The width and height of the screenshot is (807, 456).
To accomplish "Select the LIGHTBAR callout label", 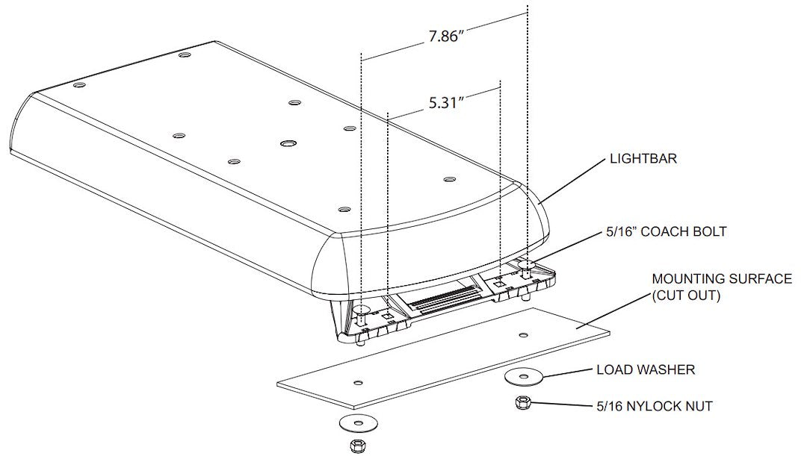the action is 643,158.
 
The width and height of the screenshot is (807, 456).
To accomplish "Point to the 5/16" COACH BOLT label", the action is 666,232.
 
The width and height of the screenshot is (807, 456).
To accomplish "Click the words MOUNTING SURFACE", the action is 722,279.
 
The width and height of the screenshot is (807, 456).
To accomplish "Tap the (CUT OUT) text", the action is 685,296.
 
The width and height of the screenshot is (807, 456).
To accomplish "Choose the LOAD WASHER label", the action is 646,369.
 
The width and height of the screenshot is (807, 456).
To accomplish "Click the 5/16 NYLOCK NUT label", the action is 654,406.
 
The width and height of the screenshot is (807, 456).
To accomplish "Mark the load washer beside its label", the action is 525,376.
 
